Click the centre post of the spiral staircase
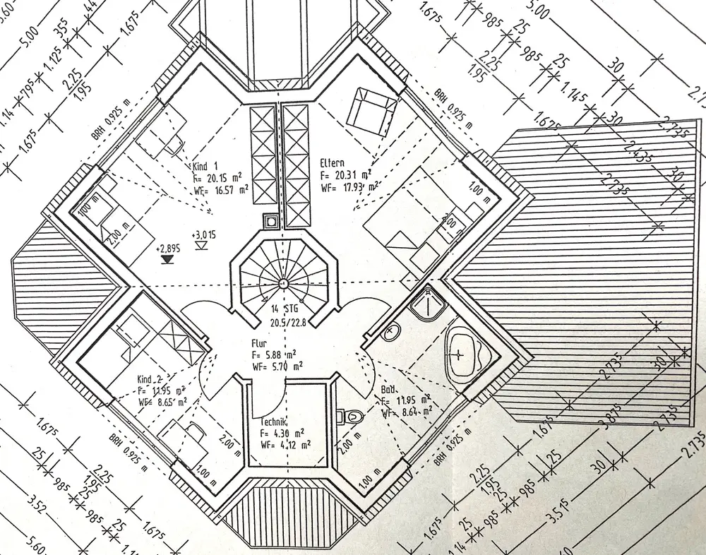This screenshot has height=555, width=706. click(x=282, y=283)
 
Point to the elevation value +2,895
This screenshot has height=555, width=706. click(x=167, y=249)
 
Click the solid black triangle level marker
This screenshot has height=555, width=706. click(x=167, y=260)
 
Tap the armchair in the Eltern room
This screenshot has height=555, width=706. click(x=372, y=112)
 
